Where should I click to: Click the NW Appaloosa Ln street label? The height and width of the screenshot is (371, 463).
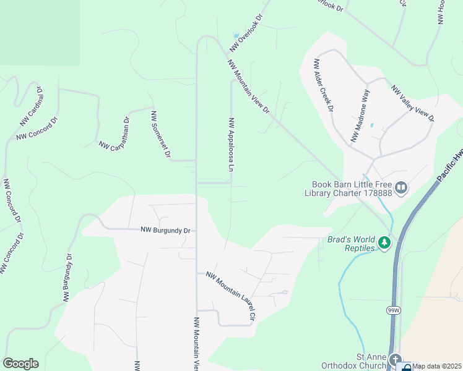pos(232,145)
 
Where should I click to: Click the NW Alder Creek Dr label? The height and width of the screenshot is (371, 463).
pos(324,85)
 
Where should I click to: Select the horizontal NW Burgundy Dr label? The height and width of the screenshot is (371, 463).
pos(165,230)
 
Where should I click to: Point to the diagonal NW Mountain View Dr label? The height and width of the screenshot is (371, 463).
pos(249,87)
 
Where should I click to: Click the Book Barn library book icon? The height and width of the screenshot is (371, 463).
pos(401,187)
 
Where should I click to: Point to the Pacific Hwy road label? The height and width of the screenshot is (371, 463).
pos(449,167)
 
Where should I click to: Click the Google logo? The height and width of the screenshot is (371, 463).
pos(20,364)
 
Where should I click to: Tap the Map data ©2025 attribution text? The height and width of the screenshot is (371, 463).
pos(436,366)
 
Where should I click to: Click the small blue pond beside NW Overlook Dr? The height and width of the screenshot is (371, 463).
pos(236,35)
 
